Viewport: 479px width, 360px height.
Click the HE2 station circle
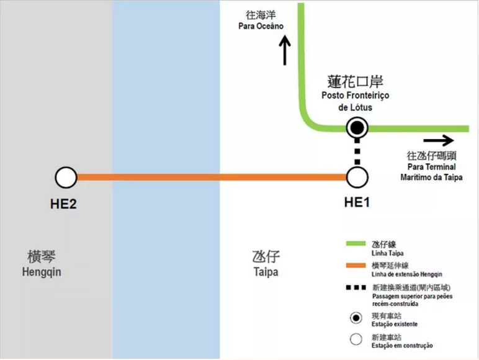pyautogui.click(x=65, y=178)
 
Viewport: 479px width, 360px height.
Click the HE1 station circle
pyautogui.click(x=357, y=178)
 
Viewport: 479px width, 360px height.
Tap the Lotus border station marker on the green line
pyautogui.click(x=357, y=128)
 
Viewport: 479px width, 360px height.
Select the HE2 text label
pyautogui.click(x=63, y=203)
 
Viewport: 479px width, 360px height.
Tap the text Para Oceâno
pyautogui.click(x=261, y=27)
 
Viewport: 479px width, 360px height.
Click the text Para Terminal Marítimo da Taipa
pyautogui.click(x=435, y=173)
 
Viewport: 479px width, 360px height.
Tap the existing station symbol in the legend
pyautogui.click(x=356, y=318)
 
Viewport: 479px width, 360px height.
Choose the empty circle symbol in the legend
pyautogui.click(x=356, y=340)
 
